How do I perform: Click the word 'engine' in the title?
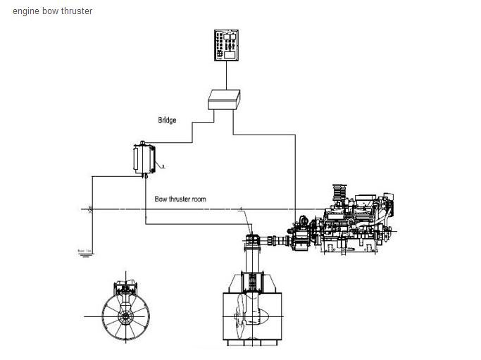(25, 11)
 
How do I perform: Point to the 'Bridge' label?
(166, 120)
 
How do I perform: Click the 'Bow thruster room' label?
(180, 199)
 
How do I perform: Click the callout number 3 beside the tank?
(163, 167)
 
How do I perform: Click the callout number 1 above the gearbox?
(242, 209)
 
